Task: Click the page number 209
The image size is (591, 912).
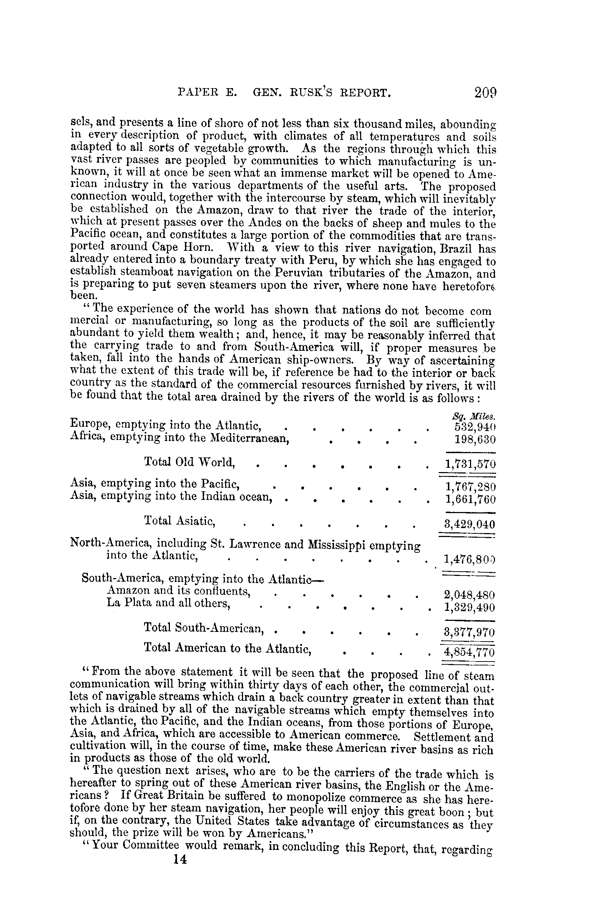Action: [485, 93]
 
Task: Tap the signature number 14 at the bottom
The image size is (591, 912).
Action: [180, 860]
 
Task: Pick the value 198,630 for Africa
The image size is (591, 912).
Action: [475, 439]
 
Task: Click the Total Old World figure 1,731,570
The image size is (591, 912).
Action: [470, 465]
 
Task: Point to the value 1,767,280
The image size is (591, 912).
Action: [470, 487]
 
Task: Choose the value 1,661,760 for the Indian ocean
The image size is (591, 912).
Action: [470, 500]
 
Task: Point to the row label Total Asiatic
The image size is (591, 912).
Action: [179, 520]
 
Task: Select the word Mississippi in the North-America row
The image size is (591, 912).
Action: [337, 544]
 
